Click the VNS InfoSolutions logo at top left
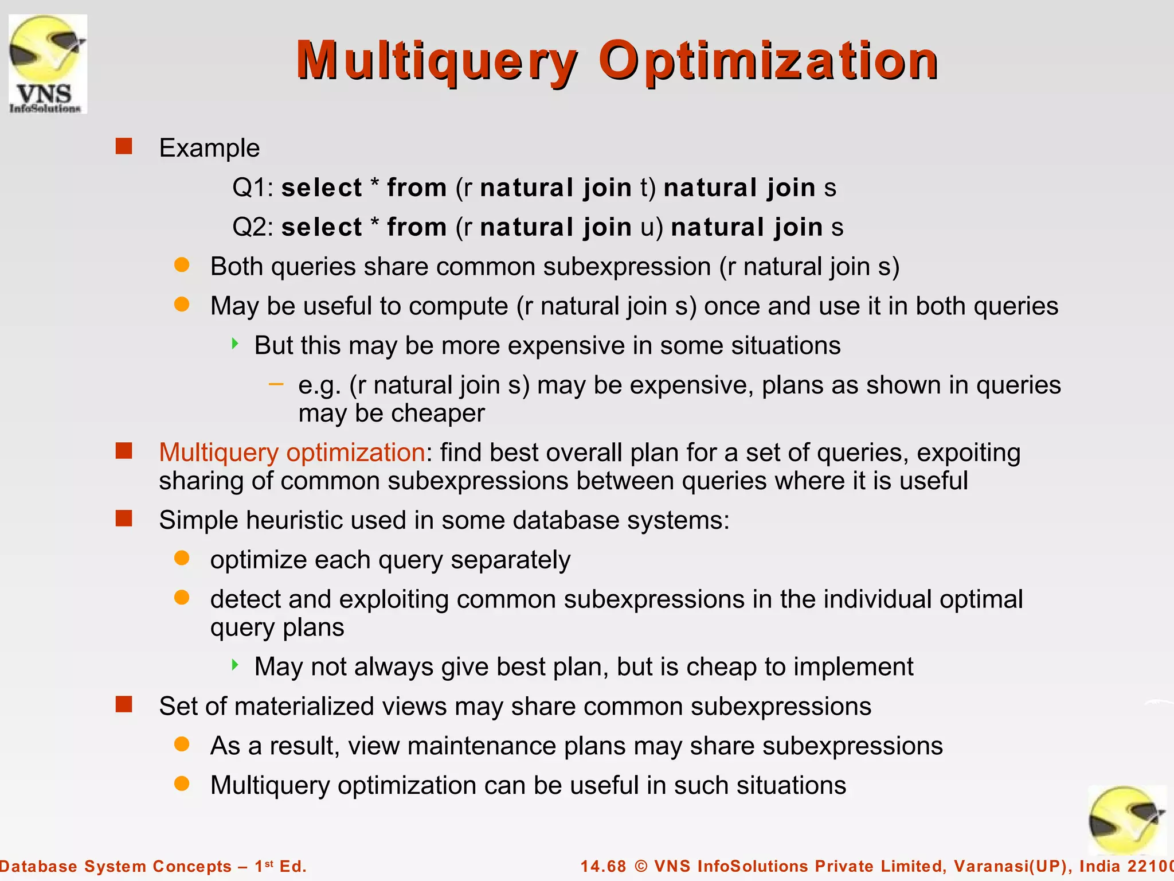click(48, 64)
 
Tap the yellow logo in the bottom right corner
click(1127, 820)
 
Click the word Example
click(209, 148)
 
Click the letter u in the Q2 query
click(647, 227)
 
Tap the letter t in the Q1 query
click(644, 188)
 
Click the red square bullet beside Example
click(124, 146)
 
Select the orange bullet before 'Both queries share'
click(182, 265)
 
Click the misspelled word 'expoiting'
click(968, 453)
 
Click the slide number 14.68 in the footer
click(603, 866)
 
